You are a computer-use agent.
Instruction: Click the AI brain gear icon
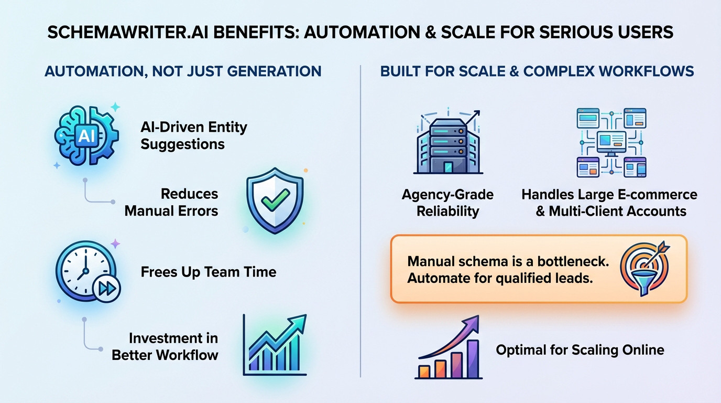click(x=86, y=136)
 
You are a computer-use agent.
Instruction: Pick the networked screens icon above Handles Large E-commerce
click(x=611, y=142)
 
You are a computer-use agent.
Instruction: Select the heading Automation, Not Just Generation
click(x=183, y=71)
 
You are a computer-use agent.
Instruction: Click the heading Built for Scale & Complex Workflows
click(x=537, y=71)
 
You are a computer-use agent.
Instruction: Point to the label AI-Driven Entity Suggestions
click(x=193, y=135)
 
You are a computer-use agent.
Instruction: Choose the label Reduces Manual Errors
click(x=171, y=202)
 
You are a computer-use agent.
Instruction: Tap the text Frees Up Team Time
click(x=208, y=272)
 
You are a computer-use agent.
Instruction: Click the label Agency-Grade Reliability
click(x=447, y=203)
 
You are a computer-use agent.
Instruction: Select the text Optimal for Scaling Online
click(x=580, y=350)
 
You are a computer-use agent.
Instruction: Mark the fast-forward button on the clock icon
click(x=106, y=288)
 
